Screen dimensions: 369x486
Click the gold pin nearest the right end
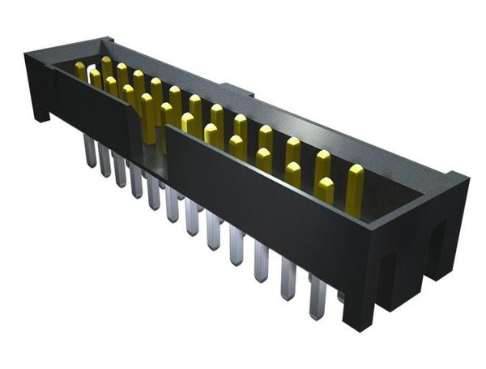[355, 186]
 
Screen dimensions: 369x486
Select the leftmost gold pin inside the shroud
[80, 71]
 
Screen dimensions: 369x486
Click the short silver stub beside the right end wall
[340, 296]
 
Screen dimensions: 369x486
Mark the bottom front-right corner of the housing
[356, 324]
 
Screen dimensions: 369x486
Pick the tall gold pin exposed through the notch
[148, 118]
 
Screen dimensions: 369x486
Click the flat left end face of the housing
[36, 81]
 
